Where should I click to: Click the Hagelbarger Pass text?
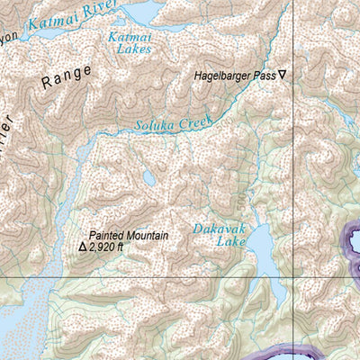point(233,76)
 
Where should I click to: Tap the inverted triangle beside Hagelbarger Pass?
point(282,76)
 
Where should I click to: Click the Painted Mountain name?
point(128,235)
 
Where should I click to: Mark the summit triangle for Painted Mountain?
point(83,246)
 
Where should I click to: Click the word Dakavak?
point(220,229)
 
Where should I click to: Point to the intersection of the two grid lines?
point(296,278)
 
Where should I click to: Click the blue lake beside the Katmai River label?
point(135,12)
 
